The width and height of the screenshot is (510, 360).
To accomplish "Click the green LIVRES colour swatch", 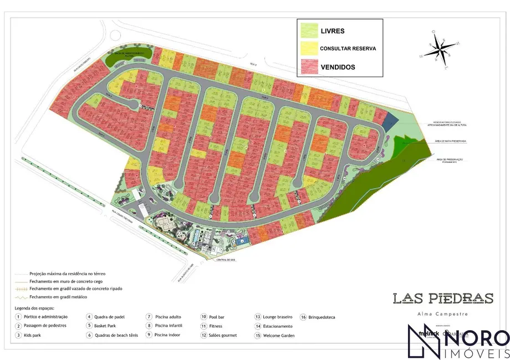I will (309, 30).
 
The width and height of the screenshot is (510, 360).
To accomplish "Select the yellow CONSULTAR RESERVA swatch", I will (309, 48).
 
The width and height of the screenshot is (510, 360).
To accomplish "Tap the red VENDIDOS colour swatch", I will (309, 67).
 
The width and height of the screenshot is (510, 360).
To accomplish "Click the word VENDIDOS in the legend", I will (338, 67).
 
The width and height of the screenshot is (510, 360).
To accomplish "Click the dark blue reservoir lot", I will (391, 120).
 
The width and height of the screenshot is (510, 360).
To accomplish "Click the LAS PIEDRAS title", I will (443, 298).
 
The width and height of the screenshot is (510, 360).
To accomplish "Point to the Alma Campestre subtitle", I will (443, 314).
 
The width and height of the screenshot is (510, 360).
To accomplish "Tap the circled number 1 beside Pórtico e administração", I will (18, 317).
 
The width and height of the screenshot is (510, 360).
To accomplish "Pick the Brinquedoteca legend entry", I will (322, 317).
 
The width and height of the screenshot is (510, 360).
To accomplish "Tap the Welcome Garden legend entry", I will (278, 335).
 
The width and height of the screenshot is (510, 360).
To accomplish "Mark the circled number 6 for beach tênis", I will (89, 335).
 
